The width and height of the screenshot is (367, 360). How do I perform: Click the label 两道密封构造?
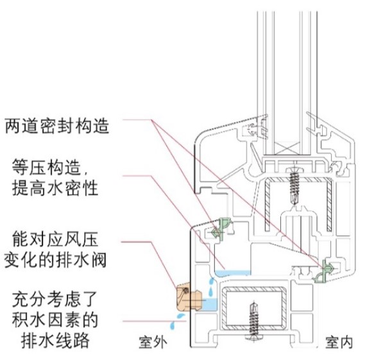[x=57, y=126]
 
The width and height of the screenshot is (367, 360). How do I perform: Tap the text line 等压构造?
[x=50, y=167]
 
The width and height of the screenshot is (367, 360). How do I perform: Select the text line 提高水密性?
[x=55, y=188]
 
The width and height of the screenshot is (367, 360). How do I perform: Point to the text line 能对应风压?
[x=55, y=239]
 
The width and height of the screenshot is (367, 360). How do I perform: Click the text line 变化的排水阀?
[x=55, y=260]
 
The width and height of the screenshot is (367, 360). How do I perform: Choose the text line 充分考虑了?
[x=55, y=299]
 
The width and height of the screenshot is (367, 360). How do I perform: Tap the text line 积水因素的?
[x=55, y=320]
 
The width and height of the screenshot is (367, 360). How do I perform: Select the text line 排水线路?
[x=55, y=340]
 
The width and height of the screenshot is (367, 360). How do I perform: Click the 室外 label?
[x=153, y=343]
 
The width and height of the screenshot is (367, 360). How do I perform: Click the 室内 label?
[x=339, y=343]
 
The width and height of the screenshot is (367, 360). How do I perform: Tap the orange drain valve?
[x=189, y=298]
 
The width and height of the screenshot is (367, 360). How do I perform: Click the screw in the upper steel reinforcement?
[x=294, y=185]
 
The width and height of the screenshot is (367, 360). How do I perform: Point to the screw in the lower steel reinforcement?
[x=254, y=323]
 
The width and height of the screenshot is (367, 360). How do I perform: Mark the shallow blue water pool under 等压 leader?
[x=233, y=273]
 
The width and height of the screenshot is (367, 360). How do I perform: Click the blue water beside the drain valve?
[x=210, y=305]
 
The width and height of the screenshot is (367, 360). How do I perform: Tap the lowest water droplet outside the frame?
[x=173, y=325]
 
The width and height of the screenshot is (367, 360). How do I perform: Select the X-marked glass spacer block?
[x=287, y=148]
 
